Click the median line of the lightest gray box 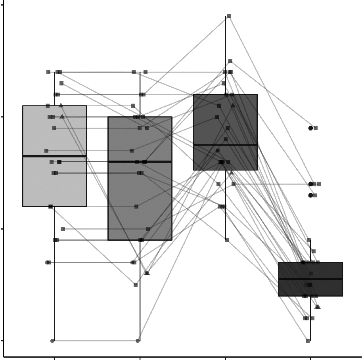pyautogui.click(x=54, y=156)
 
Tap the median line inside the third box pyautogui.click(x=225, y=145)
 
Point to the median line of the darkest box pyautogui.click(x=310, y=279)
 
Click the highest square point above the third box pyautogui.click(x=229, y=16)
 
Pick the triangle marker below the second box pyautogui.click(x=147, y=273)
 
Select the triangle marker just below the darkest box pyautogui.click(x=318, y=306)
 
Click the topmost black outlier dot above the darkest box pyautogui.click(x=310, y=128)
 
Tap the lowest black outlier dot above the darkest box pyautogui.click(x=310, y=195)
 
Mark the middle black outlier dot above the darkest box pyautogui.click(x=310, y=184)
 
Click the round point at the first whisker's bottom pyautogui.click(x=52, y=341)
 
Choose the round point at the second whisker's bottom pyautogui.click(x=138, y=341)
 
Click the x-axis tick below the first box pyautogui.click(x=54, y=357)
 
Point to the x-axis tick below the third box pyautogui.click(x=225, y=357)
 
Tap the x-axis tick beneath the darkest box pyautogui.click(x=310, y=357)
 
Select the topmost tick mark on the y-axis pyautogui.click(x=2, y=5)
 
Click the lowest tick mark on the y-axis pyautogui.click(x=2, y=341)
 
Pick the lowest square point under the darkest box pyautogui.click(x=308, y=341)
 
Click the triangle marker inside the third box pyautogui.click(x=233, y=105)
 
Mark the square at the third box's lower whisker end pyautogui.click(x=227, y=240)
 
